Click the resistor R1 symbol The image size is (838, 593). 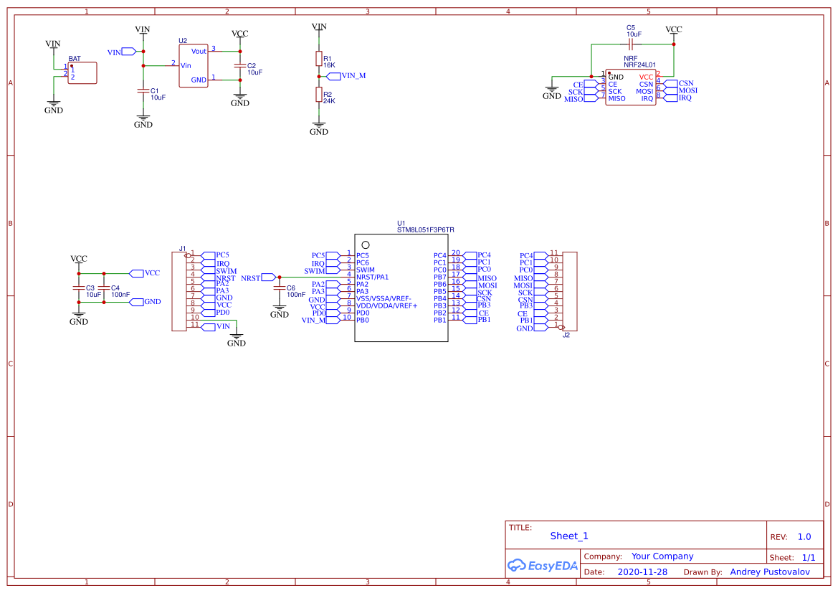coord(319,59)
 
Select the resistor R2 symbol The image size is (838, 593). coord(319,95)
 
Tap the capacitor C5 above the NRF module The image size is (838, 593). coord(631,44)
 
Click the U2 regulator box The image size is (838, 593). coord(194,65)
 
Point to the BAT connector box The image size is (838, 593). coord(82,73)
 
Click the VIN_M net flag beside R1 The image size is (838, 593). coord(333,75)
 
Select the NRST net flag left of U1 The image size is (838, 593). coord(269,277)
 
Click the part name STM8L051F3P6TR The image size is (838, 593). coord(426,230)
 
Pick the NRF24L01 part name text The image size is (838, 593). coord(639,65)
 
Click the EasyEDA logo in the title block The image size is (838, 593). coord(542,566)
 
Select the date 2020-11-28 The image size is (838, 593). coord(642,572)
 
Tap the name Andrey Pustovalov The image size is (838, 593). coord(769,572)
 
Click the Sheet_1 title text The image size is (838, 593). coord(569,536)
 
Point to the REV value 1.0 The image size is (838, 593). coord(804,536)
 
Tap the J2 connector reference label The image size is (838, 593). coord(566,335)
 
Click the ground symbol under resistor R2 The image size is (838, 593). coord(319,125)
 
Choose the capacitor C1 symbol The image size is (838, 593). coord(143,90)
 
